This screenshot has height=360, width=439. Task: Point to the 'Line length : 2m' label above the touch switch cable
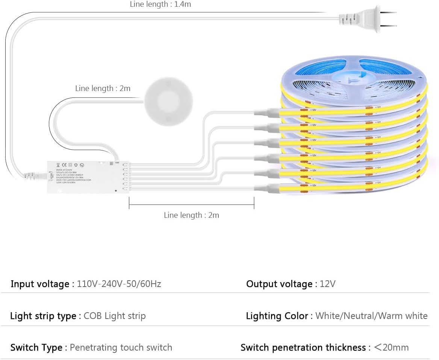103,88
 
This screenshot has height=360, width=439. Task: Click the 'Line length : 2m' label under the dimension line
191,215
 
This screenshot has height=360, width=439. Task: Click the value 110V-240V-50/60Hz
119,284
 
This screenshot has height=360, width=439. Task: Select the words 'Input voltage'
40,284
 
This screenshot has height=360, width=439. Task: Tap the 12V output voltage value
327,284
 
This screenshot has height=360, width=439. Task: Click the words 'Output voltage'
279,284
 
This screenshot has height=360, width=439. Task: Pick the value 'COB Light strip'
114,316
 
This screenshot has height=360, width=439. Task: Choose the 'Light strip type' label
43,316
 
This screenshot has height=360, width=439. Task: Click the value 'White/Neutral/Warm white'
371,316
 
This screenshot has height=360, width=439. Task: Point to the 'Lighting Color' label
277,316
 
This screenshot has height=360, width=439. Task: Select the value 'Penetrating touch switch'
121,347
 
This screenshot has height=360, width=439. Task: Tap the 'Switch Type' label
36,348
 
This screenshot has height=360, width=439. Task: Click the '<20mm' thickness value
391,347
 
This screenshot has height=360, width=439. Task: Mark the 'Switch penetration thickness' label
303,348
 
